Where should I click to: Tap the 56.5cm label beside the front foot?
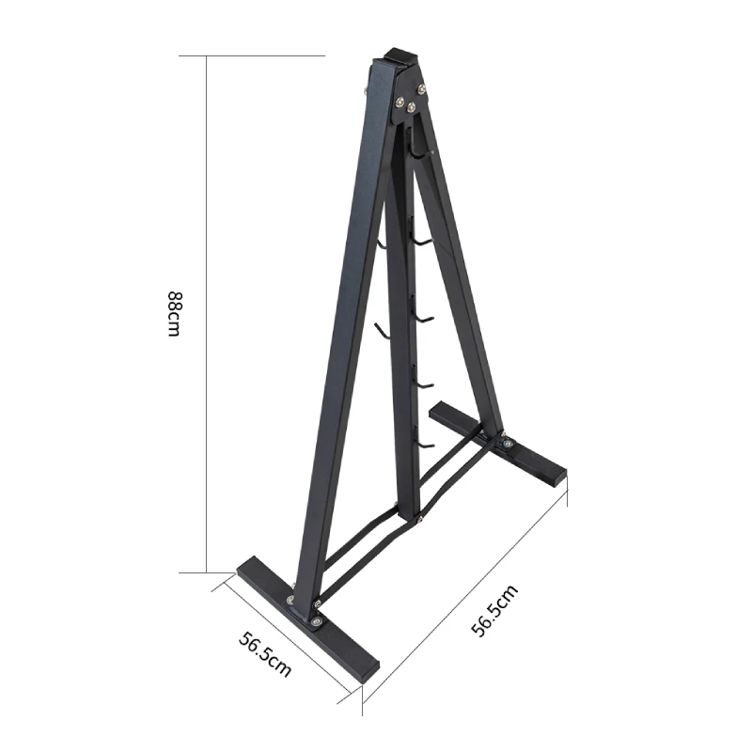(x=264, y=654)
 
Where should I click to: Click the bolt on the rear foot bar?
(x=508, y=443)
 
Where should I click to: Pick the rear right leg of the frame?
(x=461, y=282)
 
